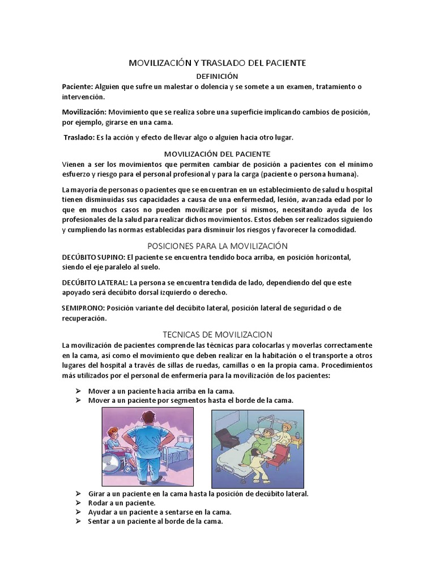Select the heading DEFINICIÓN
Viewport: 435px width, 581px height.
tap(217, 76)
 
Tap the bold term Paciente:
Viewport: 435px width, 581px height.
tap(77, 86)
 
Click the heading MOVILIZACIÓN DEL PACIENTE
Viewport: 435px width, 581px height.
tap(217, 154)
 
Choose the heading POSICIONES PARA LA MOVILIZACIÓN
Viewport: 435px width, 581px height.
tap(217, 246)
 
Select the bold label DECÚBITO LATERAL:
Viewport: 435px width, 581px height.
tap(95, 282)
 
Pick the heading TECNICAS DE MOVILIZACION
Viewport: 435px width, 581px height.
tap(217, 335)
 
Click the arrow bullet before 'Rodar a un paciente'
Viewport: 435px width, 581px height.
tap(78, 503)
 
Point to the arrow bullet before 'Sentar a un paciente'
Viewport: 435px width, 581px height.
tap(78, 521)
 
